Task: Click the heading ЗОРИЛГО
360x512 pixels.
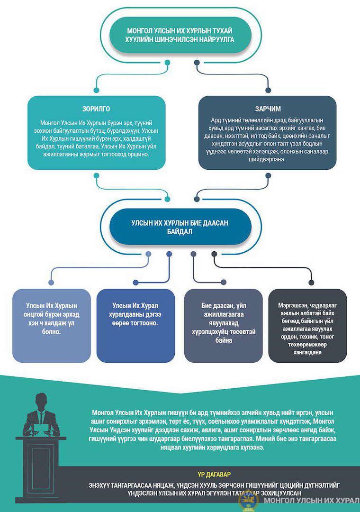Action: (x=96, y=109)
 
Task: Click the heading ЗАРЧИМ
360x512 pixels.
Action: (x=268, y=109)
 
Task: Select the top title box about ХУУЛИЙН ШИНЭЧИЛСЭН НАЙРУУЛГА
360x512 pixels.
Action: (x=180, y=35)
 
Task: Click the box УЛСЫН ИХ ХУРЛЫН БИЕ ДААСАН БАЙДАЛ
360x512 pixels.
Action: (x=180, y=227)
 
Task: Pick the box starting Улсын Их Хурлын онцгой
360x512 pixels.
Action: (x=52, y=326)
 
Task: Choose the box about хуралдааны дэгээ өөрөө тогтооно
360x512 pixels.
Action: (x=136, y=326)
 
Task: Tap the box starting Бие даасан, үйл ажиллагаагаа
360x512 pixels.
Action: (x=223, y=326)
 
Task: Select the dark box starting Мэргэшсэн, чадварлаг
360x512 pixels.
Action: (x=307, y=326)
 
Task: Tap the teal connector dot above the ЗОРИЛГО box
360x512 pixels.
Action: (x=96, y=90)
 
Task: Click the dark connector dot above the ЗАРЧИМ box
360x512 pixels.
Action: (x=268, y=90)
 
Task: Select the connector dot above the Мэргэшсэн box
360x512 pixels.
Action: (x=311, y=283)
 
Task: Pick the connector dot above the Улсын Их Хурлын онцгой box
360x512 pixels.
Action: (x=51, y=283)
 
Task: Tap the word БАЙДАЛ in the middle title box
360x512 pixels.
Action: (x=180, y=232)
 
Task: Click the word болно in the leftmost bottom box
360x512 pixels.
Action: (x=52, y=332)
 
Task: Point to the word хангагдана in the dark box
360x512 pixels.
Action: (x=307, y=353)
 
